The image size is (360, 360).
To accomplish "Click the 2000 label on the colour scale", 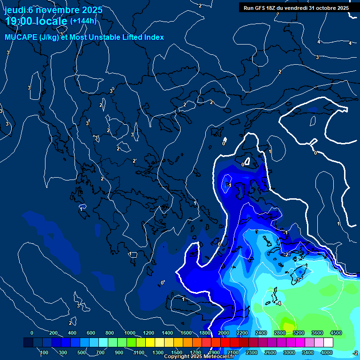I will click(224, 333).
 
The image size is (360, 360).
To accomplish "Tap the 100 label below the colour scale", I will click(44, 352).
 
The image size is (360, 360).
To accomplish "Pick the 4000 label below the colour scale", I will click(327, 352).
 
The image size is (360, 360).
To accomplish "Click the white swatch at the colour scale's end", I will click(328, 343).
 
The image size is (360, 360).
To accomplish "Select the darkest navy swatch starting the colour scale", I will click(28, 343).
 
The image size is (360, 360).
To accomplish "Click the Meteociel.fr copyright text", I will click(199, 357).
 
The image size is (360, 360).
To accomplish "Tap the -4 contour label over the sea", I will click(278, 304).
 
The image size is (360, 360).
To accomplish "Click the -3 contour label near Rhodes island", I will click(297, 280).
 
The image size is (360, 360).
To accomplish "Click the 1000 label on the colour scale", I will click(129, 333).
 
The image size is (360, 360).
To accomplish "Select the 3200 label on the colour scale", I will click(298, 333).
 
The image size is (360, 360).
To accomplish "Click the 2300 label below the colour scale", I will click(251, 352).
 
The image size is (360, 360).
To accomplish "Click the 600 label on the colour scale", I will click(91, 333).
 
